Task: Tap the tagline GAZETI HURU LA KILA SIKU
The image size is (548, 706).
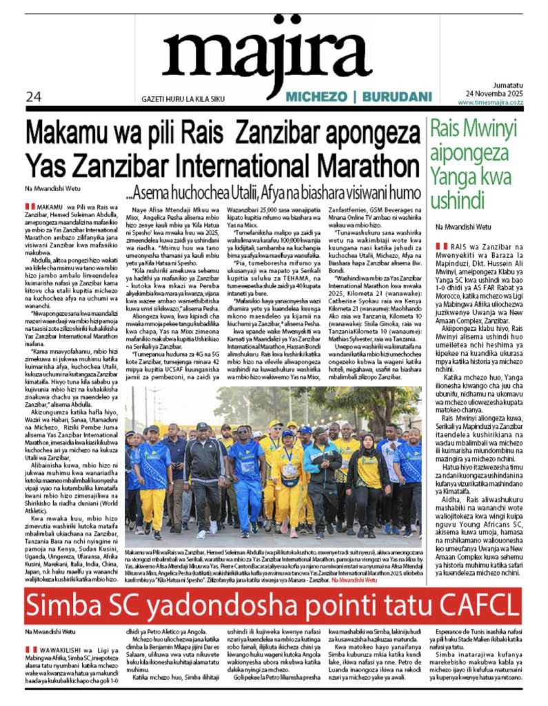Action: click(x=173, y=99)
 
